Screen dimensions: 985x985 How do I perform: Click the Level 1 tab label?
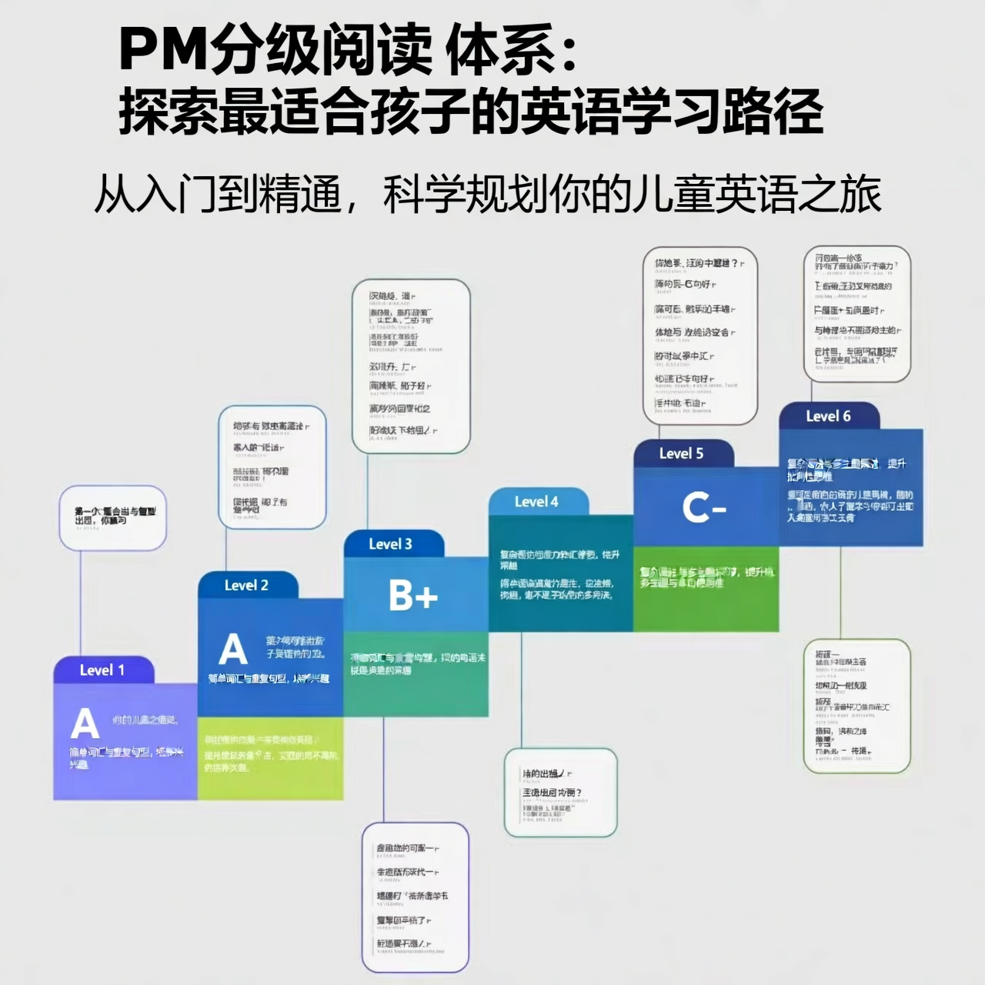pyautogui.click(x=102, y=670)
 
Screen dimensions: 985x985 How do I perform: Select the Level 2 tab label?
pyautogui.click(x=246, y=586)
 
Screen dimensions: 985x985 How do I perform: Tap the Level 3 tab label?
pyautogui.click(x=390, y=544)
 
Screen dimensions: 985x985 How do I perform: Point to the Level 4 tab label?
pyautogui.click(x=536, y=502)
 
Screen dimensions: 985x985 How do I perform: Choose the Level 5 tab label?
pyautogui.click(x=681, y=453)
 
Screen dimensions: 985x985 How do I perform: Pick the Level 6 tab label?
pyautogui.click(x=828, y=416)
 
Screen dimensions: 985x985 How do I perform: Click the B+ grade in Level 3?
pyautogui.click(x=413, y=596)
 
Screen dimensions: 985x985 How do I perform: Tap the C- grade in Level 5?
pyautogui.click(x=704, y=509)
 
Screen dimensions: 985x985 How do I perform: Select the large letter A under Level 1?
pyautogui.click(x=85, y=723)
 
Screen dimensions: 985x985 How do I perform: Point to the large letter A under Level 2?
pyautogui.click(x=232, y=649)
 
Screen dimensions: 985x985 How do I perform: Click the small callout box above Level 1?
pyautogui.click(x=113, y=517)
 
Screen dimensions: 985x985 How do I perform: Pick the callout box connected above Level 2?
pyautogui.click(x=272, y=467)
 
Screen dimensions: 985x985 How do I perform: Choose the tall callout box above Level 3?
pyautogui.click(x=411, y=366)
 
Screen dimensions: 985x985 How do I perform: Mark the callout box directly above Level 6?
pyautogui.click(x=856, y=314)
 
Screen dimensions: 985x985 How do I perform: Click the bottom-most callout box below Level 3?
pyautogui.click(x=415, y=897)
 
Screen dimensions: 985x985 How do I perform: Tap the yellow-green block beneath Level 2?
pyautogui.click(x=270, y=758)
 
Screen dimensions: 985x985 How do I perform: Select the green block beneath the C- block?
pyautogui.click(x=706, y=589)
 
